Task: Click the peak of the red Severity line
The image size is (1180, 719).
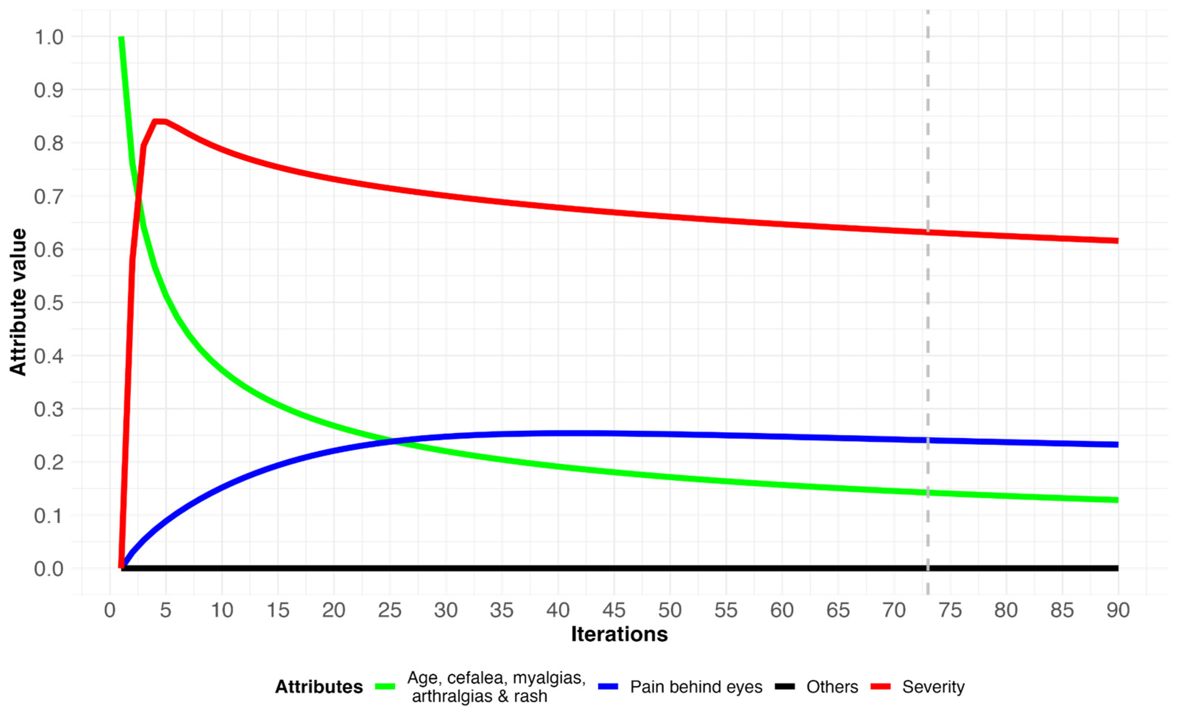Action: tap(159, 121)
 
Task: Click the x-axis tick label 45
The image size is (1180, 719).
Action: tap(613, 610)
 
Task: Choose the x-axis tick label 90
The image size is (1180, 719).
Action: tap(1118, 610)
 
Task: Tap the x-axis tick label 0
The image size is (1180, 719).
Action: tap(110, 610)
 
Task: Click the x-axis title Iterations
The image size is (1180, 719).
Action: tap(619, 634)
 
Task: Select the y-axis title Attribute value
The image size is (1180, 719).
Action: tap(18, 302)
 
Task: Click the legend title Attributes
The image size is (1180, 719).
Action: tap(319, 687)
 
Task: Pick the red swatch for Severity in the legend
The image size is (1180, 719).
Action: tap(880, 687)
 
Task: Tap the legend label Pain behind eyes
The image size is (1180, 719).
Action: tap(696, 687)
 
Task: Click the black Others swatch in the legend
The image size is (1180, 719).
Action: tap(784, 687)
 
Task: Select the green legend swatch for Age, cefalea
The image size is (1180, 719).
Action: tap(385, 687)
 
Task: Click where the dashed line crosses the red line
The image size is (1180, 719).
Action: tap(928, 232)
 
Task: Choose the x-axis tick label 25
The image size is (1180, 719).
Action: tap(389, 610)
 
